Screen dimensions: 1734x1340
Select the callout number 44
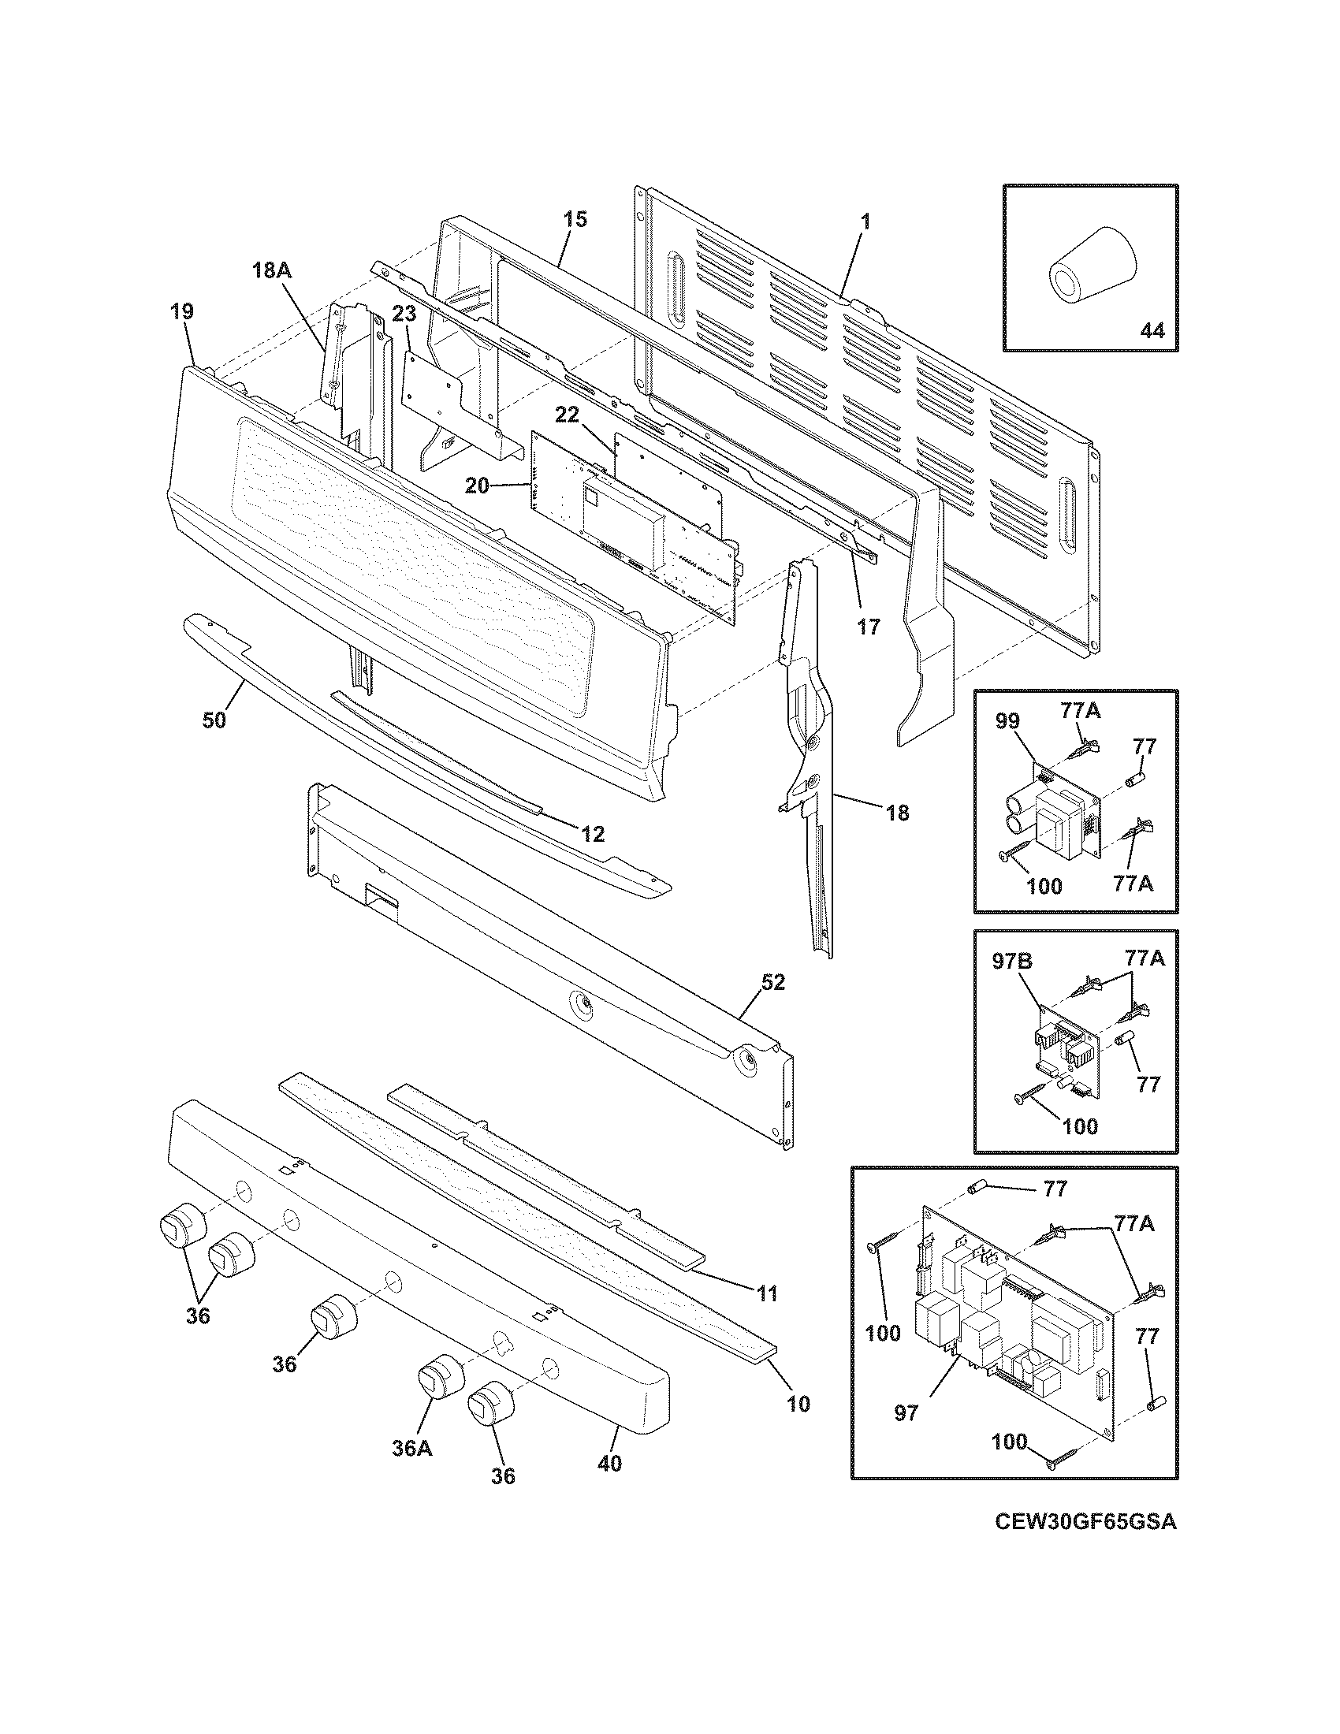click(x=1151, y=330)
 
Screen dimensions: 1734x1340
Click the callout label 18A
click(x=271, y=270)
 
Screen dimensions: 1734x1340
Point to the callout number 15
click(x=575, y=219)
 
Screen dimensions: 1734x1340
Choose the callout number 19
click(x=181, y=311)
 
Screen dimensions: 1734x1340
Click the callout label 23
click(x=404, y=314)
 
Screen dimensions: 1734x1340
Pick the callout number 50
click(x=214, y=720)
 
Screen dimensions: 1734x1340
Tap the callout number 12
click(x=592, y=834)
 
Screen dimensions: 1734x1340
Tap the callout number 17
click(x=869, y=627)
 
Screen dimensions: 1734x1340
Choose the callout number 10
click(x=798, y=1404)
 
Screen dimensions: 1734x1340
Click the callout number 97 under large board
click(x=906, y=1413)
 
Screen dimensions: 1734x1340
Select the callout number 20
click(x=477, y=486)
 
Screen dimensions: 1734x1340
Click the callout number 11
click(x=766, y=1293)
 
